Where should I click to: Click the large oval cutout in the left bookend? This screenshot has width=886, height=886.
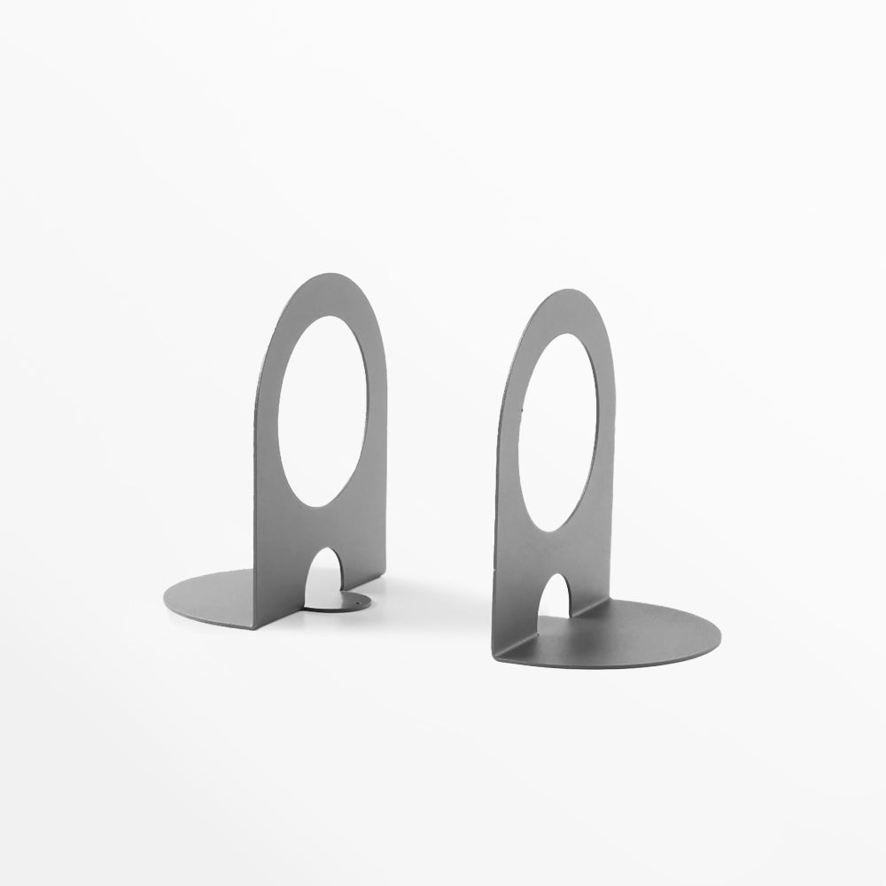(323, 411)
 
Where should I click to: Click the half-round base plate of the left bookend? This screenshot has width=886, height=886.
(213, 593)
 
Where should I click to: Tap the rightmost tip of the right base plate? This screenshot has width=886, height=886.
(719, 633)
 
